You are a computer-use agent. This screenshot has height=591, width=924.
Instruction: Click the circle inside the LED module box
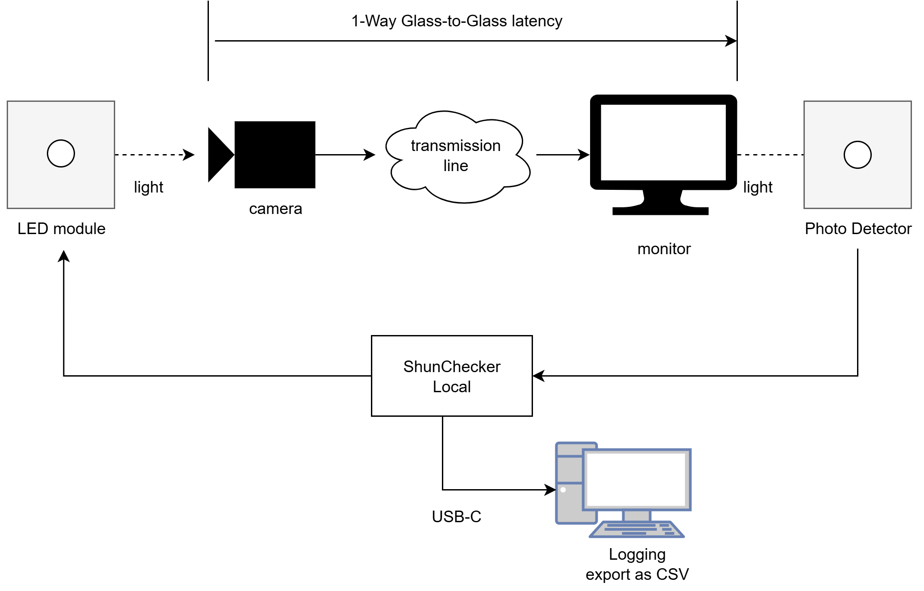point(61,154)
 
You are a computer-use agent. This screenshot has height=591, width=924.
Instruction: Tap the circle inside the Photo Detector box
point(857,155)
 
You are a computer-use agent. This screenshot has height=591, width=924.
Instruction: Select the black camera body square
point(275,155)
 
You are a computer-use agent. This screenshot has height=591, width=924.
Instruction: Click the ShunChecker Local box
point(451,376)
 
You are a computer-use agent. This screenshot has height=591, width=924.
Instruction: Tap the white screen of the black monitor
point(663,142)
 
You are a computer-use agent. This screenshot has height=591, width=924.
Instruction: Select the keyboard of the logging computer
point(636,529)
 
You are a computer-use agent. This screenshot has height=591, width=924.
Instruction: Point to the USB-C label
point(456,517)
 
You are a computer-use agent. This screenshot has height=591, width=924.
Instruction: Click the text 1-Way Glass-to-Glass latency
point(456,21)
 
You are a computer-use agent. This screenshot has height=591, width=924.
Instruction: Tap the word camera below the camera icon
point(275,209)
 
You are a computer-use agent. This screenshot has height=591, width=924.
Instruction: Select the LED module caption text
point(61,229)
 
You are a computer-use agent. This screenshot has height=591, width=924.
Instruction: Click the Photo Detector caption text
point(857,229)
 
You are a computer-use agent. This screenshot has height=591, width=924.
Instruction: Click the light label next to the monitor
point(758,187)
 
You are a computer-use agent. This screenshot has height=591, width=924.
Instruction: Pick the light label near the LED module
point(148,187)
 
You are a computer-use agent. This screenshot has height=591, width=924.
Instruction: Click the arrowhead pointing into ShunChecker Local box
point(538,376)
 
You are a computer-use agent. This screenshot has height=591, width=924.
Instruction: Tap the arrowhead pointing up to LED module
point(64,256)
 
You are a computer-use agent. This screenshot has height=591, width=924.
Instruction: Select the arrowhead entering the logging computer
point(550,490)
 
